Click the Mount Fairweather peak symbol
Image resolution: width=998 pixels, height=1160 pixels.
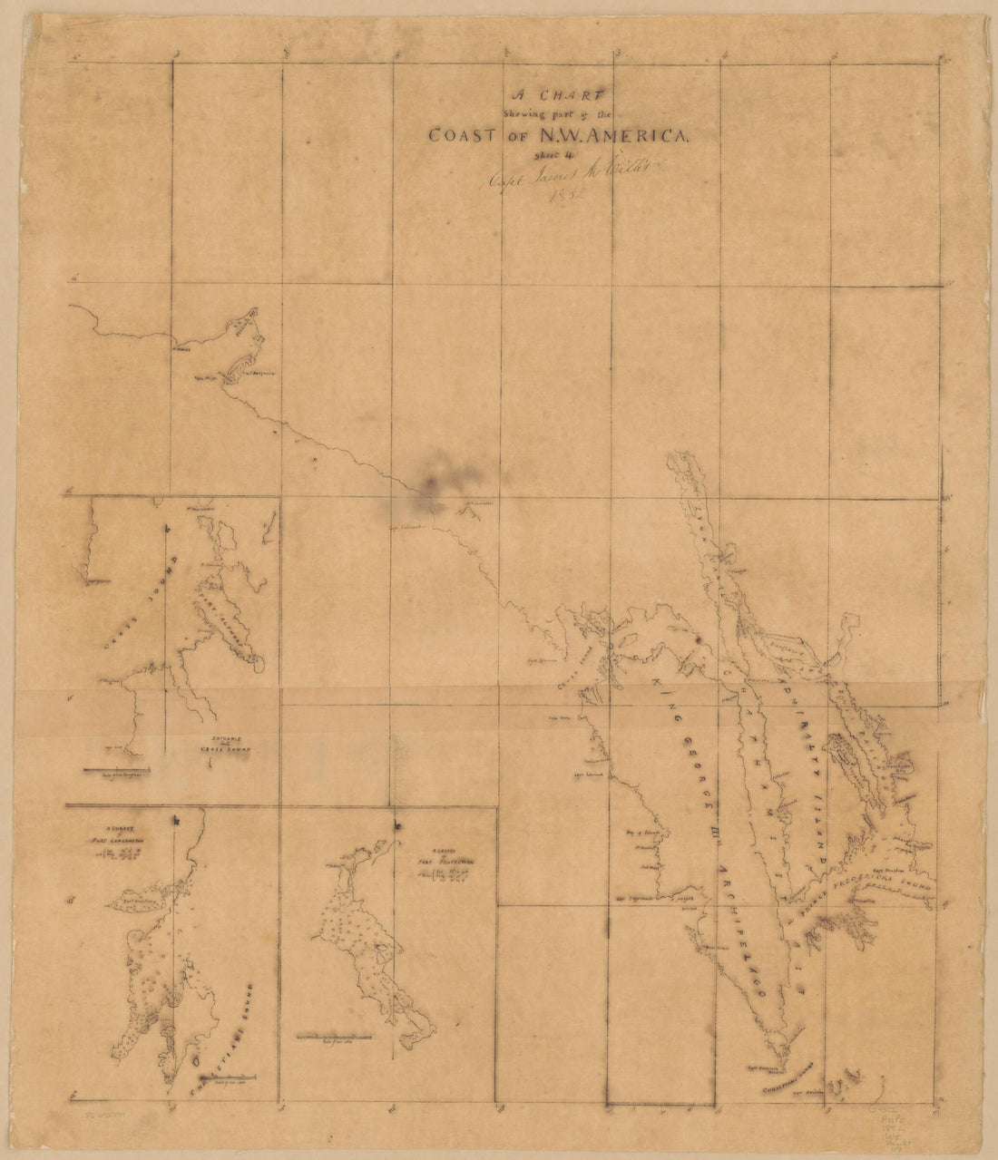pos(472,512)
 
